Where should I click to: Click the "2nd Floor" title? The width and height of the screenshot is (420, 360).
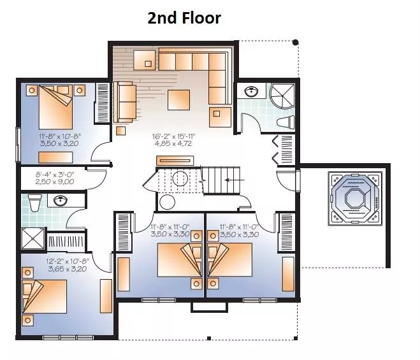[184, 18]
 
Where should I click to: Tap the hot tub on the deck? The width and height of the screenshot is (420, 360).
[355, 199]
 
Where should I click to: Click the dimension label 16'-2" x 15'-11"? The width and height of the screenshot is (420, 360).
[174, 136]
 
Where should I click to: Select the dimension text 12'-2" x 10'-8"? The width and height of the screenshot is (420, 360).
[67, 261]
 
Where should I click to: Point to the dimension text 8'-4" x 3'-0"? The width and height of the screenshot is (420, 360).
[55, 175]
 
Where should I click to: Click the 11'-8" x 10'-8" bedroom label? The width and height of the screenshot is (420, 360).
[60, 136]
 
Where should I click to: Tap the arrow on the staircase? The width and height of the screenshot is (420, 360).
[235, 180]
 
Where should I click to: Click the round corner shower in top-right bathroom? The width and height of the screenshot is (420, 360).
[282, 96]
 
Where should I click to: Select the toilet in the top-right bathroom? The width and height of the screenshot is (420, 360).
[286, 122]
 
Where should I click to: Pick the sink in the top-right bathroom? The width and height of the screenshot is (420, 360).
[252, 91]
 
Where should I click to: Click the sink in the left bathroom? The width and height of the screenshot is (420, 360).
[61, 201]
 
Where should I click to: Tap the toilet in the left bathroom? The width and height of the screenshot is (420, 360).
[35, 203]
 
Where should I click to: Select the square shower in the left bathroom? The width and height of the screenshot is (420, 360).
[33, 239]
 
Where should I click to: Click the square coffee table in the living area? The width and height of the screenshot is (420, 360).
[178, 100]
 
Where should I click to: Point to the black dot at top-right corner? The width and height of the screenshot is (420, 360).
[296, 42]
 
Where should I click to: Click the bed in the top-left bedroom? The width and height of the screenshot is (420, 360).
[56, 107]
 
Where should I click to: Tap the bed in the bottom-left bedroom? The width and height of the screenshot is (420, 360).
[45, 296]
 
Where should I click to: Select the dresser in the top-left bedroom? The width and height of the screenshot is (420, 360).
[55, 157]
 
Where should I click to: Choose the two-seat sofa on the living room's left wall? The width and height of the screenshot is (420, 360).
[125, 102]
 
